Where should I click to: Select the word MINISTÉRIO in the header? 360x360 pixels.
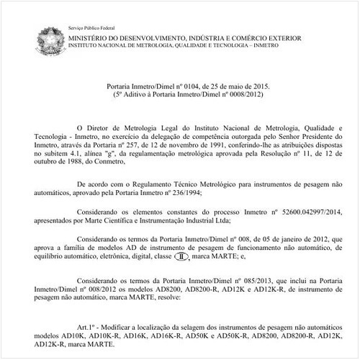(91, 36)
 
